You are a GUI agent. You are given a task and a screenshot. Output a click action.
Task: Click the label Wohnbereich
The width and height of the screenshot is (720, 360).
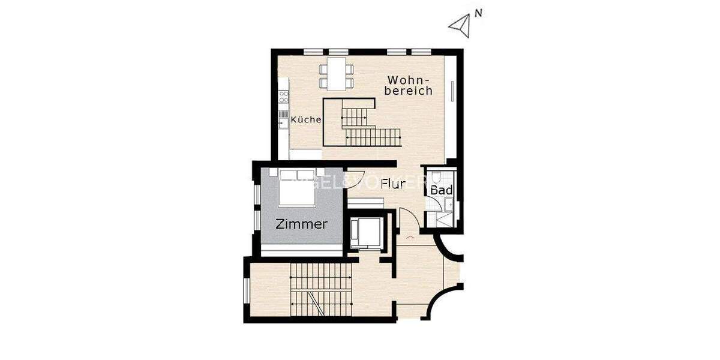pos(410,85)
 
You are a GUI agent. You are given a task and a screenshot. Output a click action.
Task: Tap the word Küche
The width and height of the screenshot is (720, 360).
pos(306,120)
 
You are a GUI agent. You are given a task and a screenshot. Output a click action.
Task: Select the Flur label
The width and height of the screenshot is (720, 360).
pos(394,184)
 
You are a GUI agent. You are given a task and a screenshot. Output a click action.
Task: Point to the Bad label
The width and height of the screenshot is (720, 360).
pos(441,190)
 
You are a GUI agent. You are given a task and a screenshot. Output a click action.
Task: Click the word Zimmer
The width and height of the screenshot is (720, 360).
pos(302,224)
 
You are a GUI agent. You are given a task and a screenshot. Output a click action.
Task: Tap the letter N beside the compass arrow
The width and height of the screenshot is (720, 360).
pos(478,13)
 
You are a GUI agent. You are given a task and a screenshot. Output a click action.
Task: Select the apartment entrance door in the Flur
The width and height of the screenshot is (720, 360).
pos(407,222)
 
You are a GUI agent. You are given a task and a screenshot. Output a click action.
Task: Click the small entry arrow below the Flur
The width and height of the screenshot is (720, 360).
pos(410,238)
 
